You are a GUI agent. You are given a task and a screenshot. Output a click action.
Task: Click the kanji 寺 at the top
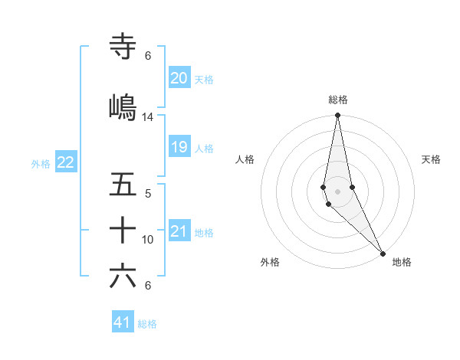coord(123,47)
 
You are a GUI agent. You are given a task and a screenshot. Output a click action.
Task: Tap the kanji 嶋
coord(123,107)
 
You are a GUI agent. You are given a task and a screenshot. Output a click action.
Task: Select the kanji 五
coord(123,185)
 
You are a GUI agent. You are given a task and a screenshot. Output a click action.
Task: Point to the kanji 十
coord(123,230)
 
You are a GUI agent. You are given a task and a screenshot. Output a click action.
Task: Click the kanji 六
coord(123,277)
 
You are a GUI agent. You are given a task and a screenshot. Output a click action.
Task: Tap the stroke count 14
coord(148,117)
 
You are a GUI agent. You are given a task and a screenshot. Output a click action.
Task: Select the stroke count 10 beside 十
coord(148,240)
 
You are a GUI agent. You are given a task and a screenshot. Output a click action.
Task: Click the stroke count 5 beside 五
coord(148,194)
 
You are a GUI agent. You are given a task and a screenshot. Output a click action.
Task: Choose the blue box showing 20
coord(179,78)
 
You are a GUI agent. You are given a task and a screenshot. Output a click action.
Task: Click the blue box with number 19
coord(179,147)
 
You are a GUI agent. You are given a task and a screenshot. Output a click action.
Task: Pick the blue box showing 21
coord(179,231)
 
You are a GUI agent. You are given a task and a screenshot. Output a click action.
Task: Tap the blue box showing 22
coord(66,162)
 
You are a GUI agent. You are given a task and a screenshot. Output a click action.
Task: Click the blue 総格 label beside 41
coord(147,324)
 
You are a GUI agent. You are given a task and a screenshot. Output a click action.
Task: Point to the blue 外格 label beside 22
coord(41,163)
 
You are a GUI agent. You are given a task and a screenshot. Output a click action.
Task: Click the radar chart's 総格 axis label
coord(338,100)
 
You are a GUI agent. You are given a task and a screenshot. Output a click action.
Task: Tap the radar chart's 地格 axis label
coord(402,263)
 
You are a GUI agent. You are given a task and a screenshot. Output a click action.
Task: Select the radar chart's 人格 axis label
coord(245,159)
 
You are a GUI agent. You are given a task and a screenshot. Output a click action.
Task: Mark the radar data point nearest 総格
coord(337,116)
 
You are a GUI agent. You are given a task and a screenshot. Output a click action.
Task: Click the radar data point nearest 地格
coord(383,252)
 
